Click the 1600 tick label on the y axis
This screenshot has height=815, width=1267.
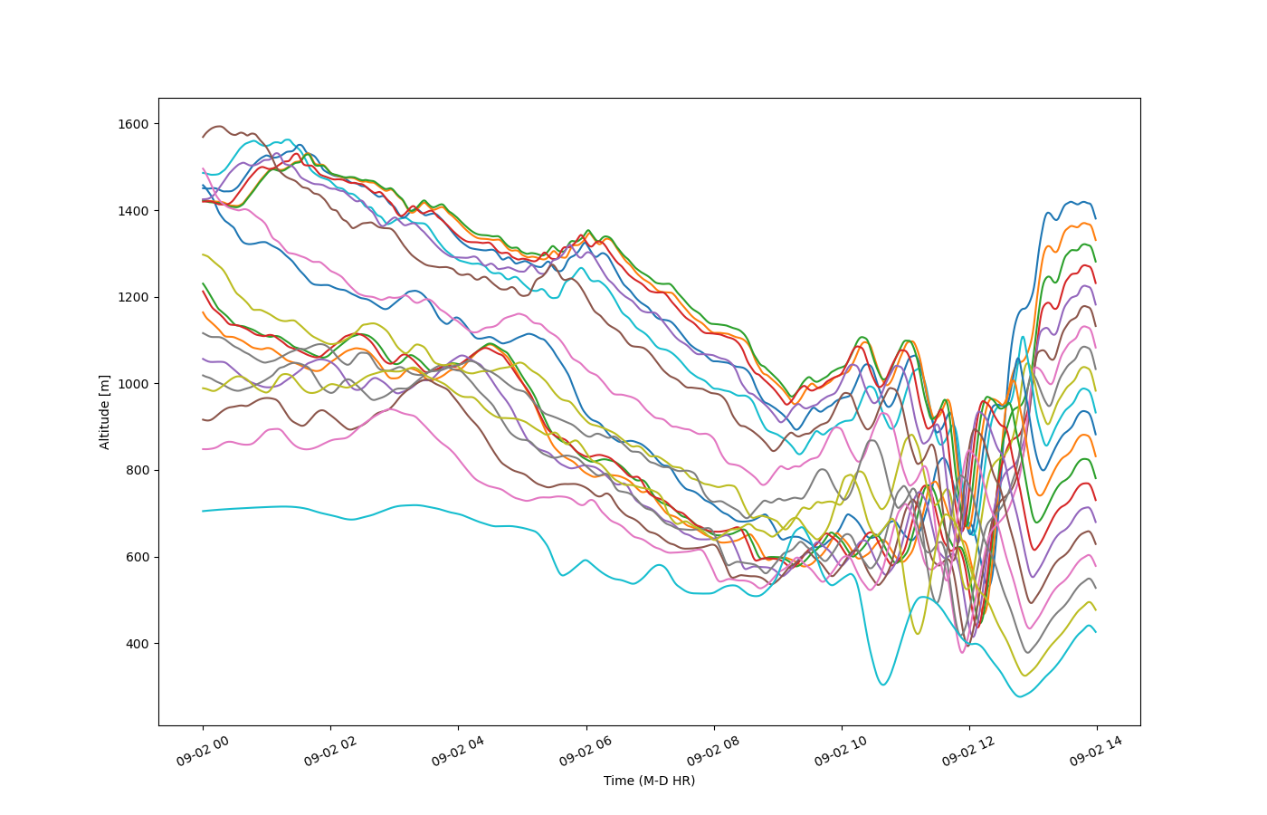[132, 125]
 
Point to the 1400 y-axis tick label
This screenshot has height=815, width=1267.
[132, 211]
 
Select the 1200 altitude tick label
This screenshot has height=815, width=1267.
[132, 298]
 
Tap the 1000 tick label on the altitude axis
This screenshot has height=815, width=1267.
[132, 384]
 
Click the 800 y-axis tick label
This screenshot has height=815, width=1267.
[137, 471]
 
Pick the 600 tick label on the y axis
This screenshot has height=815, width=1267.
[137, 558]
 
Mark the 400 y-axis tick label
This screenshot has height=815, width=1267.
[137, 644]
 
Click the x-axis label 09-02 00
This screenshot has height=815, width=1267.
[203, 751]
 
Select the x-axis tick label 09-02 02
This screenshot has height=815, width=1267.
[330, 751]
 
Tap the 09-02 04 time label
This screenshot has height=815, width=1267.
[458, 751]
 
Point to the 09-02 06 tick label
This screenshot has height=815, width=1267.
[586, 751]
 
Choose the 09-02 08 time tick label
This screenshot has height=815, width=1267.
[714, 751]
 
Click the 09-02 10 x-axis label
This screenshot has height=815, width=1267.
[841, 751]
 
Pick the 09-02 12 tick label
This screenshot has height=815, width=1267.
[969, 751]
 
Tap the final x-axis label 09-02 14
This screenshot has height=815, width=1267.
[1097, 751]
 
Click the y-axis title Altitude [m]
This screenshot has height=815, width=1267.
[105, 412]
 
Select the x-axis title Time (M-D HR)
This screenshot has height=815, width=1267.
[650, 781]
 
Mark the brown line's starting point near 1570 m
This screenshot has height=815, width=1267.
[203, 137]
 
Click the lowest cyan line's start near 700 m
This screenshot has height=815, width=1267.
[203, 511]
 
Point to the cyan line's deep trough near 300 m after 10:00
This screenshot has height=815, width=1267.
[883, 685]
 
